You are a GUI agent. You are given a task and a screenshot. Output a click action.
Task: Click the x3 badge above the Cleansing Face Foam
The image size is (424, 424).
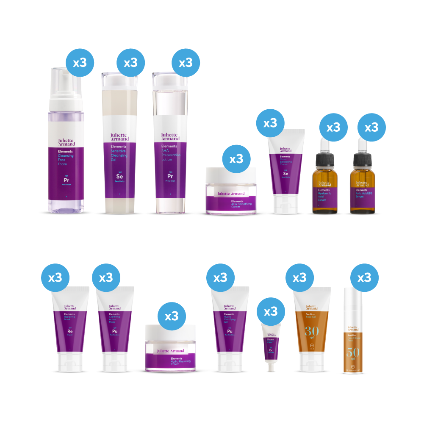(x=80, y=63)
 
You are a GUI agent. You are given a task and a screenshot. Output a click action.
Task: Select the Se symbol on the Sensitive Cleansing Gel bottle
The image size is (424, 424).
(x=119, y=177)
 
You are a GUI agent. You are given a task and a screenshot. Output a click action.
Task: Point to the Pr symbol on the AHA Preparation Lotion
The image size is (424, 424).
(x=170, y=177)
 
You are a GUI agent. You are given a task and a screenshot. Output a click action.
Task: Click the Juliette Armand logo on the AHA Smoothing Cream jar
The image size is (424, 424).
(x=231, y=194)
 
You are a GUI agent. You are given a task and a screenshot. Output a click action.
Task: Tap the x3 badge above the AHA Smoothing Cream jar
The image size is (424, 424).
(x=236, y=159)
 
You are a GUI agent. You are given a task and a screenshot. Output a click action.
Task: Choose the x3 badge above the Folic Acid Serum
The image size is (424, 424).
(x=371, y=127)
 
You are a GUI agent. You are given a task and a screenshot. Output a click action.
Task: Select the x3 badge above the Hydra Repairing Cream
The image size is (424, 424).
(x=172, y=316)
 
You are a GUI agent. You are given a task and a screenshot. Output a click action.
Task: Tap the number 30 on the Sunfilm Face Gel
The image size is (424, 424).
(x=312, y=330)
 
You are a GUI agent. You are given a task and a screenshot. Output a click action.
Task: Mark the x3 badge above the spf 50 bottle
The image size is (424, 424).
(x=364, y=277)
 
